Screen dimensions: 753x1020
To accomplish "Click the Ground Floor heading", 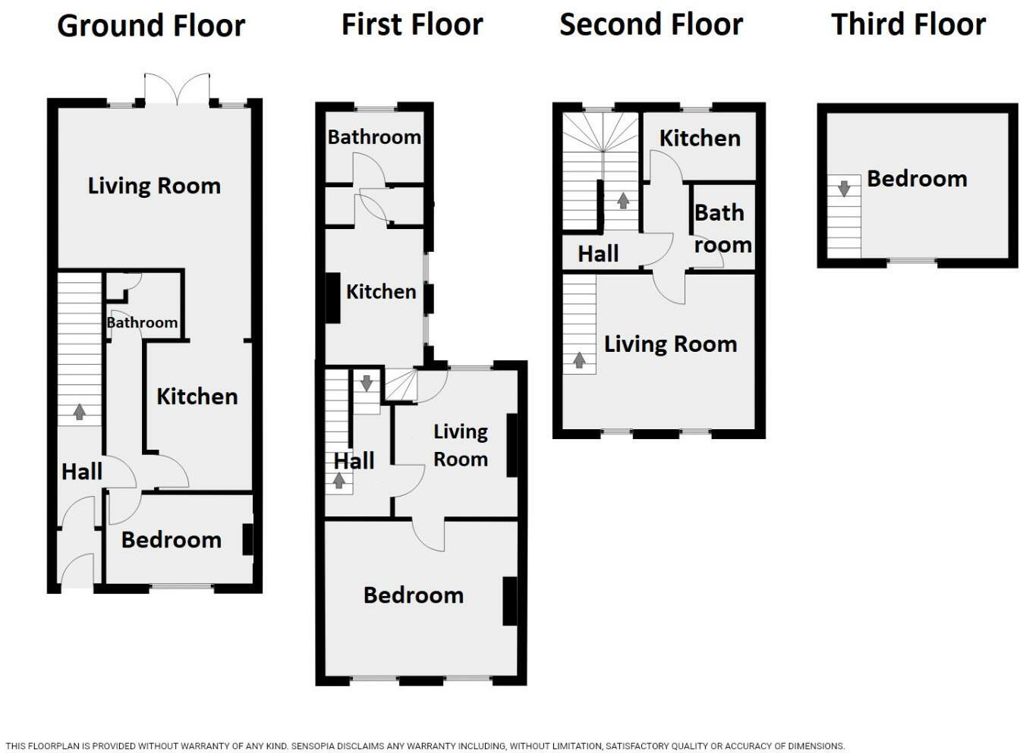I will point(151,26).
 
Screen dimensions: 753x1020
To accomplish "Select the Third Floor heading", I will point(908,24).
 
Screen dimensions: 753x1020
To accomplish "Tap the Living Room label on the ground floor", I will point(154,186).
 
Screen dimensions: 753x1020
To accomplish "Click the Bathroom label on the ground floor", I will point(142,322).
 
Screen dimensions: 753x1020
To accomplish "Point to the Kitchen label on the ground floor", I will point(197,396).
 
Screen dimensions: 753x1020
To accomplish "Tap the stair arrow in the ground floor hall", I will point(79,412).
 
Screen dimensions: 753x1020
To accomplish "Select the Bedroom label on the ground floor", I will point(171,539).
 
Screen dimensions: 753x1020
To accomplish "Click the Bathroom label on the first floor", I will point(374,137).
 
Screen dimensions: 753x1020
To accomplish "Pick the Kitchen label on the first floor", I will point(381,291).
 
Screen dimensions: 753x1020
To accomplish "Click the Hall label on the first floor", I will point(354,460).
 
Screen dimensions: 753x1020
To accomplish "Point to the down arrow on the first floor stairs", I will point(367,383).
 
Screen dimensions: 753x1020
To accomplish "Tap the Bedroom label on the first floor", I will point(414,595).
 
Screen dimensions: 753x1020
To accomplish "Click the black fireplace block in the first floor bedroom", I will point(510,601).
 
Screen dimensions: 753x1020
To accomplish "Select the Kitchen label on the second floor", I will point(699,138).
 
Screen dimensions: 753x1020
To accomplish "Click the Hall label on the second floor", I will point(598,253).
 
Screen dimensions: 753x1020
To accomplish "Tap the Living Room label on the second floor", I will point(670,344).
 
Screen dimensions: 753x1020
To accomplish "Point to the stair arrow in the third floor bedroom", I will point(844,188).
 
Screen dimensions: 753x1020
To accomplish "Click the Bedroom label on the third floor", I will point(917,179).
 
